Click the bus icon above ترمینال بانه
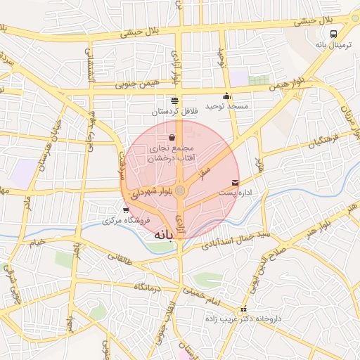(x=333, y=33)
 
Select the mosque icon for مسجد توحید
(x=226, y=97)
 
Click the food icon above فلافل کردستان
(x=174, y=101)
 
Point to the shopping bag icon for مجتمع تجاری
(x=172, y=138)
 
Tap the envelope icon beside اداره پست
(x=235, y=182)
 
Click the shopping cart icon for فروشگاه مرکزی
(x=125, y=210)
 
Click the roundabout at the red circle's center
(x=181, y=190)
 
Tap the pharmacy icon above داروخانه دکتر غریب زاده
(x=243, y=309)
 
